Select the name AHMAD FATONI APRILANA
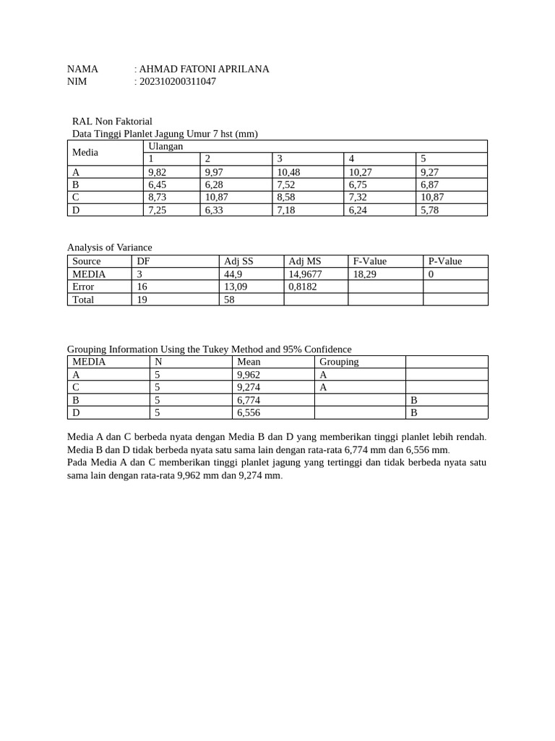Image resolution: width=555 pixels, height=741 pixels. pyautogui.click(x=204, y=69)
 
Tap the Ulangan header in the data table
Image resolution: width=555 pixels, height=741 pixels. pyautogui.click(x=165, y=146)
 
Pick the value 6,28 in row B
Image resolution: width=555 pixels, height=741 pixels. pyautogui.click(x=215, y=185)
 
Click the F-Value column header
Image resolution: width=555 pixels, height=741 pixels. pyautogui.click(x=369, y=261)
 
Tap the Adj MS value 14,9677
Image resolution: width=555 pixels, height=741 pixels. pyautogui.click(x=305, y=274)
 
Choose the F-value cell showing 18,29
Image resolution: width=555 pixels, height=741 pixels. pyautogui.click(x=364, y=274)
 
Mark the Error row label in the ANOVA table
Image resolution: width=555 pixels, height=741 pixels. pyautogui.click(x=83, y=287)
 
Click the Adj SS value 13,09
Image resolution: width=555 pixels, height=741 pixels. pyautogui.click(x=236, y=287)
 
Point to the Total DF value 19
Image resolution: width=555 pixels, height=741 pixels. pyautogui.click(x=142, y=300)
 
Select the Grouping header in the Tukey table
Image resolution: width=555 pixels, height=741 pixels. pyautogui.click(x=339, y=362)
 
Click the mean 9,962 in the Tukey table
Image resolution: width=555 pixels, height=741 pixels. pyautogui.click(x=249, y=375)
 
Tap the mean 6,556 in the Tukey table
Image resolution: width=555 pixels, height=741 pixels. pyautogui.click(x=249, y=412)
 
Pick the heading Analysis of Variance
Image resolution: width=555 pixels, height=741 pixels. pyautogui.click(x=110, y=247)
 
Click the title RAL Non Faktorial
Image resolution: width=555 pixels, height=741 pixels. pyautogui.click(x=112, y=122)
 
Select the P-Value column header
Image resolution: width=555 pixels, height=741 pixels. pyautogui.click(x=445, y=261)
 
